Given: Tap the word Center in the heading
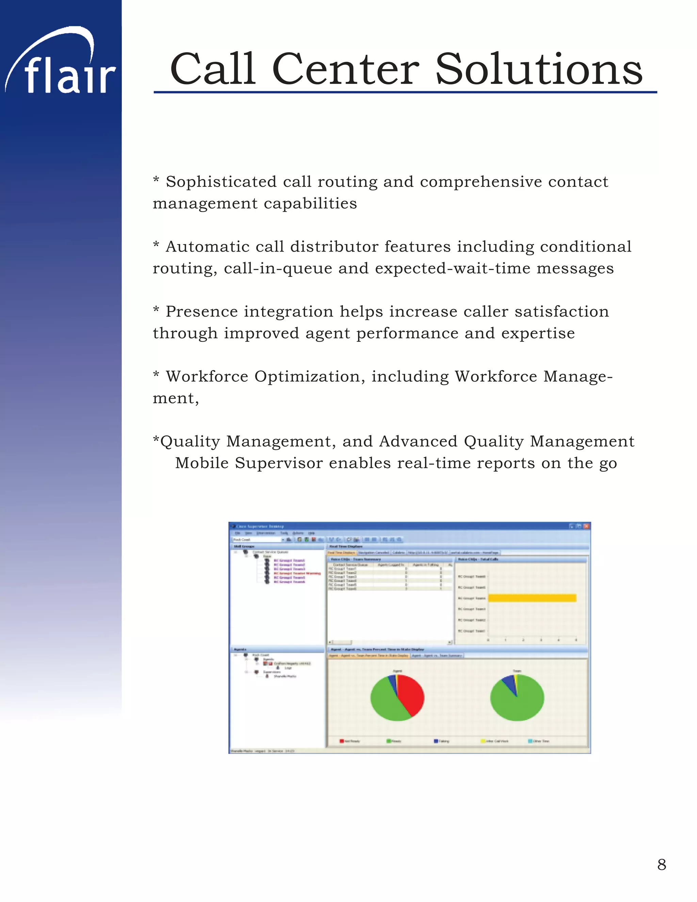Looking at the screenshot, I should (346, 69).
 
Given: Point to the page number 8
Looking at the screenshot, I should (662, 865).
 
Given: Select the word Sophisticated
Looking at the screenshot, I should (221, 182).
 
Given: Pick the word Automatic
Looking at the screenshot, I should (225, 246).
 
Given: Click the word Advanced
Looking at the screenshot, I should (418, 441).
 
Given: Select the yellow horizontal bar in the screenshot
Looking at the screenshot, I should (532, 598).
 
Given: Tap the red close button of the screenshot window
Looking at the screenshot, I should (586, 526).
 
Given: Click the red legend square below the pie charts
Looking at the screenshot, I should (341, 741).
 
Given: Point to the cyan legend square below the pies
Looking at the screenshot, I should (531, 741).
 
